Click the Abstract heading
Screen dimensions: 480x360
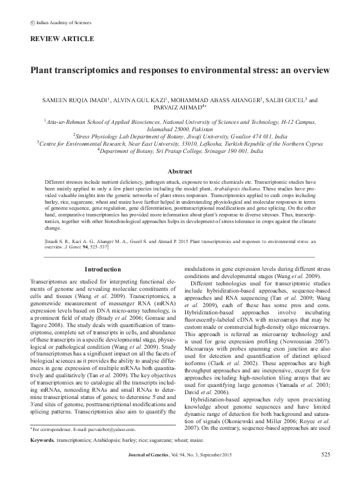pos(180,172)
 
